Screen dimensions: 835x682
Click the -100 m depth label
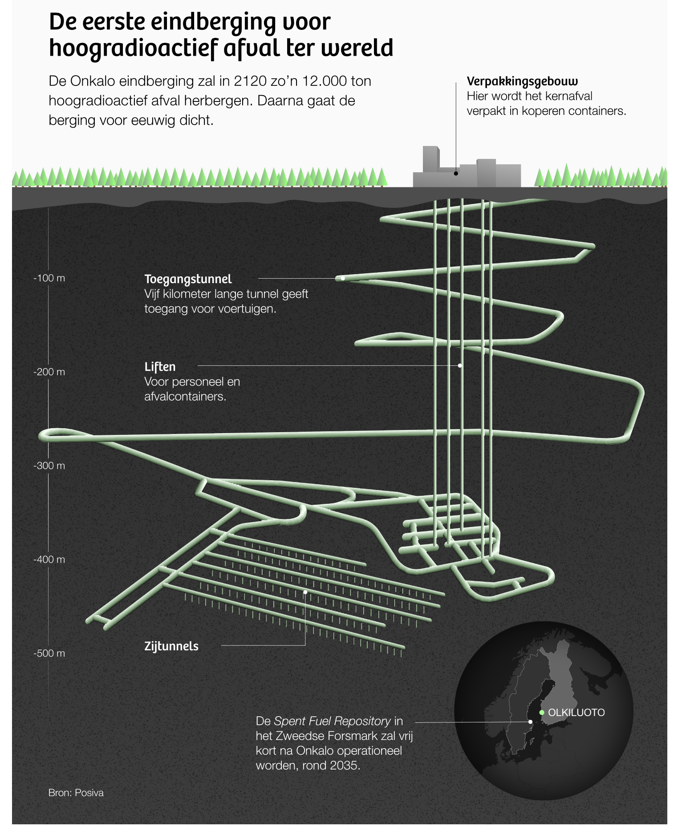tap(49, 278)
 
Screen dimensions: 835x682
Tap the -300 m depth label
tap(49, 466)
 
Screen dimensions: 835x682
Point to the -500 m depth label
tap(49, 653)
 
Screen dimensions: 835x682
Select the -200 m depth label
tap(49, 372)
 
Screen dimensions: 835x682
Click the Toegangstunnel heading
tap(188, 279)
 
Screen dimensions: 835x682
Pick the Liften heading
tap(160, 367)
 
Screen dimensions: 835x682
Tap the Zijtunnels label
tap(171, 646)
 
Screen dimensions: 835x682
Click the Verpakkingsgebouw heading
tap(522, 81)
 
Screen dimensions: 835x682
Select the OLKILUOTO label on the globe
tap(576, 713)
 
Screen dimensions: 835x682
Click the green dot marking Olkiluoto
tap(542, 713)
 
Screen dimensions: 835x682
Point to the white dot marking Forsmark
tap(530, 722)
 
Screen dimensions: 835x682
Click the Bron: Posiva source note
tap(76, 793)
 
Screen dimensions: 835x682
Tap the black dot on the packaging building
tap(456, 174)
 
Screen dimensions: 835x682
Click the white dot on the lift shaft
tap(460, 365)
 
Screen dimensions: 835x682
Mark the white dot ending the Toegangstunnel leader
tap(343, 278)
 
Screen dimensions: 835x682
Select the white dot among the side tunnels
tap(305, 592)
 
